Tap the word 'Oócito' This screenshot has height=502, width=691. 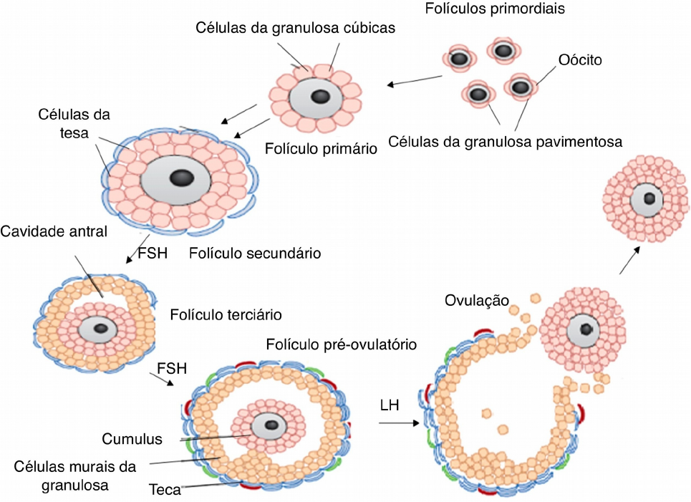click(x=579, y=61)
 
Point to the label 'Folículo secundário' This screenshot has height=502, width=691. click(x=254, y=253)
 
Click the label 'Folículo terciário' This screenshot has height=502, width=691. click(x=226, y=314)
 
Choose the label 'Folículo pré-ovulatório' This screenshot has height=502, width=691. click(x=341, y=344)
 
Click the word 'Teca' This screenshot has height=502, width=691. click(x=165, y=491)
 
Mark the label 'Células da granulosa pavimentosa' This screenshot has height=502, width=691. click(x=506, y=141)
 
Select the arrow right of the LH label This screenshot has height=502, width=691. click(x=398, y=423)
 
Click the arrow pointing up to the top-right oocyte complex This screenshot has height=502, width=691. click(x=629, y=259)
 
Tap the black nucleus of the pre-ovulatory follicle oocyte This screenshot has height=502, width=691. click(x=272, y=425)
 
